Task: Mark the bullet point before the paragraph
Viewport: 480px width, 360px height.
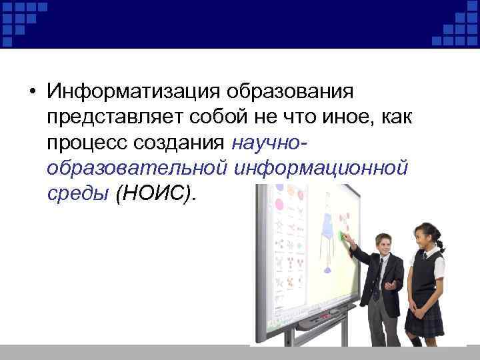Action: pos(32,92)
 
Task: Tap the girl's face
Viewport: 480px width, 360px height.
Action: pos(424,237)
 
